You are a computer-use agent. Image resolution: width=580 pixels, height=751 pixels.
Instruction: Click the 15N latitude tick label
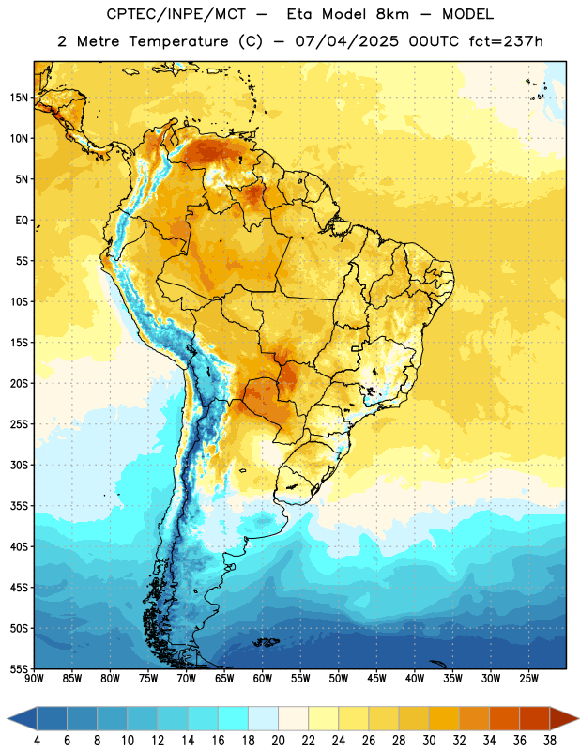(x=19, y=98)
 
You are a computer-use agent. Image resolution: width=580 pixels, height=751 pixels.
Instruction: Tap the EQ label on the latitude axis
(x=22, y=221)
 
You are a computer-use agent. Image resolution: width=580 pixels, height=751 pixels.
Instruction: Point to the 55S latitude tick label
(x=19, y=669)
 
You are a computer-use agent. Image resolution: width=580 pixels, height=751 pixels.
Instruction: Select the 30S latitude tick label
(x=19, y=465)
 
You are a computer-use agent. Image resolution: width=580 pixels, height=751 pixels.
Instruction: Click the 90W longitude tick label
(x=34, y=679)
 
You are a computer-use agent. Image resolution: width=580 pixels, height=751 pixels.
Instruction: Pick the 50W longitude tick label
(x=339, y=679)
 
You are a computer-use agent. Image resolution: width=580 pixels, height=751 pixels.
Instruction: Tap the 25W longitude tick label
(x=528, y=679)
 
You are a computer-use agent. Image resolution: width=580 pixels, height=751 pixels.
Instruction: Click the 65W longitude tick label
(x=224, y=679)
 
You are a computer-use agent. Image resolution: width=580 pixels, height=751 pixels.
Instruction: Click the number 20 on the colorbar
(x=278, y=741)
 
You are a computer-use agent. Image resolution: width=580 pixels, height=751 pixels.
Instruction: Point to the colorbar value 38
(x=550, y=741)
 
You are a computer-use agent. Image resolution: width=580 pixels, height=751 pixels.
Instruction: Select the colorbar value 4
(x=37, y=741)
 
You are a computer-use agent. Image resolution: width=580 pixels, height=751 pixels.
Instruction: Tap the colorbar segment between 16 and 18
(x=233, y=718)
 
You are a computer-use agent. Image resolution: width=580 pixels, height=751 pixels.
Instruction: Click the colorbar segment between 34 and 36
(x=504, y=718)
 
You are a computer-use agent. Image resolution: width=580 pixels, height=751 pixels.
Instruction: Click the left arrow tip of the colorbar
(x=8, y=718)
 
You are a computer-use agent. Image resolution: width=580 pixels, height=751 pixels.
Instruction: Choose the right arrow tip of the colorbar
(x=579, y=718)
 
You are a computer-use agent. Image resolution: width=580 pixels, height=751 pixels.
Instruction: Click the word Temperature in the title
(x=178, y=41)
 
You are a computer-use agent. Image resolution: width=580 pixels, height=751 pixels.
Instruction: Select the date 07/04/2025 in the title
(x=347, y=41)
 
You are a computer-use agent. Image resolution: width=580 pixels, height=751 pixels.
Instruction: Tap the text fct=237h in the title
(x=506, y=41)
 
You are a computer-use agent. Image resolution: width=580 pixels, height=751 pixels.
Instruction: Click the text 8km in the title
(x=392, y=14)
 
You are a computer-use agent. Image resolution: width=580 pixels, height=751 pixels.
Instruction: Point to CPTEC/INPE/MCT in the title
(x=176, y=14)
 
